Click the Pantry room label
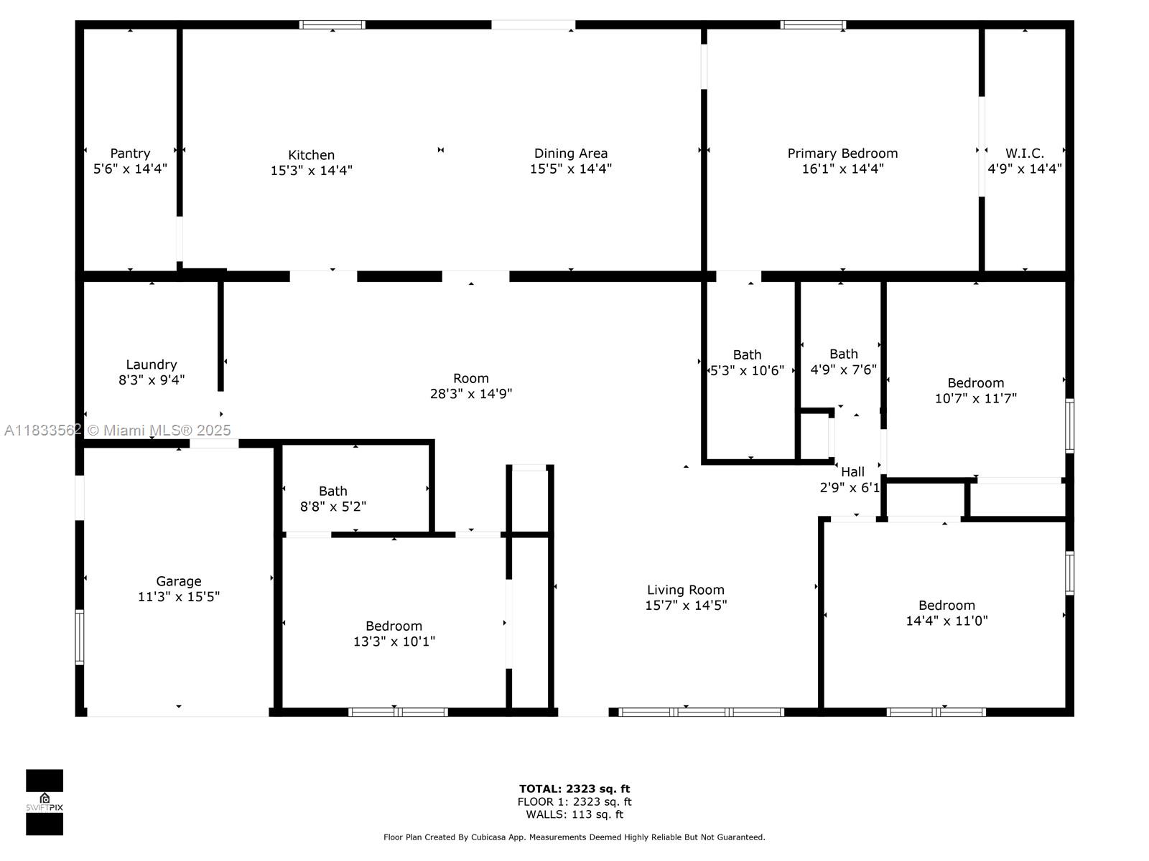[130, 153]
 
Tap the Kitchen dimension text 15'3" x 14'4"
[312, 171]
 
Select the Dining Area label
[571, 153]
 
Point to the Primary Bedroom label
[842, 153]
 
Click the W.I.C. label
[1025, 153]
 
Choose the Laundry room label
[152, 364]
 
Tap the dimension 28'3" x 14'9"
[470, 394]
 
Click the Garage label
[179, 580]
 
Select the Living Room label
[686, 590]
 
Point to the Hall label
[852, 471]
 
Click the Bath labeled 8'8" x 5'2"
[333, 491]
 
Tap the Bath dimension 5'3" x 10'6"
[747, 371]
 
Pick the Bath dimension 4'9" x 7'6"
[843, 370]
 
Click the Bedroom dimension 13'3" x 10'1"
[394, 641]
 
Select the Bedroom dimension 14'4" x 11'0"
[947, 621]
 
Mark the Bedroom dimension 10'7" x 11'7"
[976, 398]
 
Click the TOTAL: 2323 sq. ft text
[574, 789]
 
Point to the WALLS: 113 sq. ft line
[574, 814]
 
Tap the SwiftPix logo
[45, 802]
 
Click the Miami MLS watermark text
[117, 430]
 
